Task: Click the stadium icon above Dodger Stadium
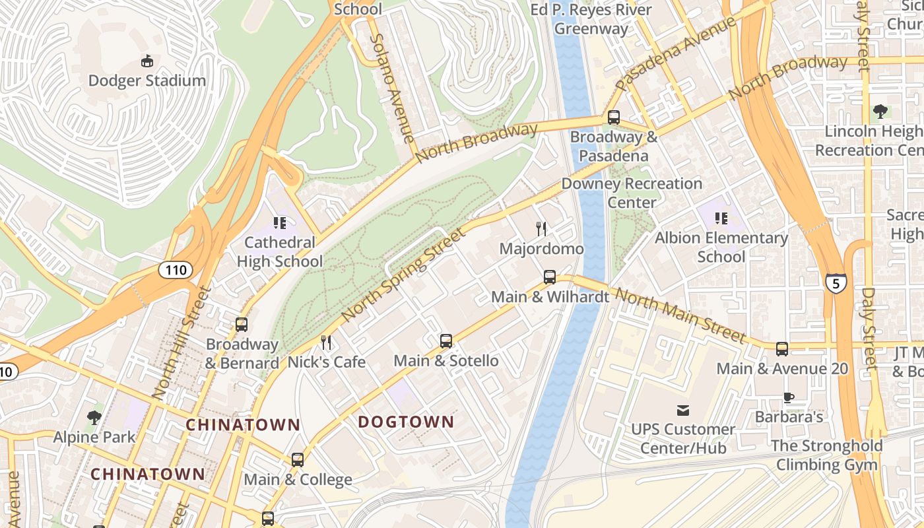click(x=147, y=61)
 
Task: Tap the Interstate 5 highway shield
click(x=835, y=283)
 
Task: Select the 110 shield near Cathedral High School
click(x=175, y=269)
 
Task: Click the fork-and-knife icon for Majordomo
click(x=541, y=229)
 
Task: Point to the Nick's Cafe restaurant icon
click(x=326, y=342)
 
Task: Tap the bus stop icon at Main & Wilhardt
click(x=550, y=277)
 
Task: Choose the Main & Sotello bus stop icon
click(x=446, y=341)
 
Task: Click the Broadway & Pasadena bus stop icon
click(x=614, y=117)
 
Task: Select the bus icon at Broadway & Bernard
click(x=242, y=325)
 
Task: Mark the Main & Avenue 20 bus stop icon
click(x=782, y=348)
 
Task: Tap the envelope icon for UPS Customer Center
click(x=683, y=410)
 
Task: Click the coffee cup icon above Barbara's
click(x=789, y=397)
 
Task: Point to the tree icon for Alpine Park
click(x=94, y=417)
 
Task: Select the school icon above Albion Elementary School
click(x=721, y=218)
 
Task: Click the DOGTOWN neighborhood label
click(x=406, y=422)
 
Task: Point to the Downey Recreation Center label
click(x=632, y=193)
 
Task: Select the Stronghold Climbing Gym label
click(x=827, y=455)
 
